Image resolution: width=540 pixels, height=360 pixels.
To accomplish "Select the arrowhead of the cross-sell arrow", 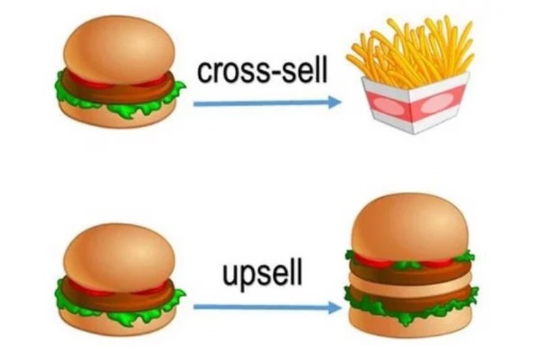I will [334, 103].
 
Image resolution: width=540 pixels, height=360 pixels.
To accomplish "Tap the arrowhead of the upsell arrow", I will [334, 308].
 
